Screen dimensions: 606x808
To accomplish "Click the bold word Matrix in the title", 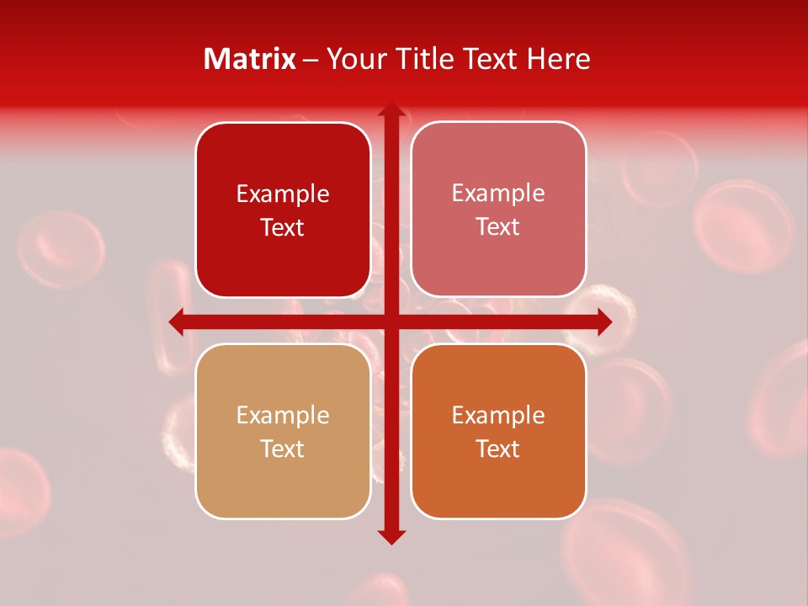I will coord(250,59).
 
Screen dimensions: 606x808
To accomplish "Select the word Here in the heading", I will coord(558,59).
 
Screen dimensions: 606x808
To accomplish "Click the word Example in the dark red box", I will coord(283,194).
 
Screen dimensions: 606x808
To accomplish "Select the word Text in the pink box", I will coord(498,227).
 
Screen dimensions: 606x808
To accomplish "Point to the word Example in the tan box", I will coord(283,416).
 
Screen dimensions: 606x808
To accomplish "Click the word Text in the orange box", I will coord(498,449).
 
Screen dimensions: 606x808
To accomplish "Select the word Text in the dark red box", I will coord(283,228).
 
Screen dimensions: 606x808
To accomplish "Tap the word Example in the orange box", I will coord(498,416).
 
